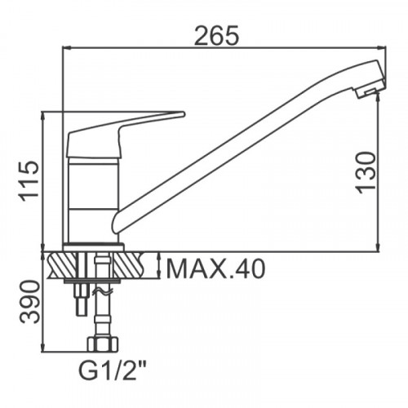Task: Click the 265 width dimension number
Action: tap(217, 35)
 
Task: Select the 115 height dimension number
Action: tap(29, 181)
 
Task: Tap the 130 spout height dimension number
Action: tap(366, 173)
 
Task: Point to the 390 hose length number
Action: tap(30, 302)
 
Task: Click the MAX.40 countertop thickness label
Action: tap(215, 268)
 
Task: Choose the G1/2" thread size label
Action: tap(113, 370)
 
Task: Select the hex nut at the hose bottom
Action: tap(103, 344)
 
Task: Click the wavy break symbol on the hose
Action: tap(103, 292)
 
